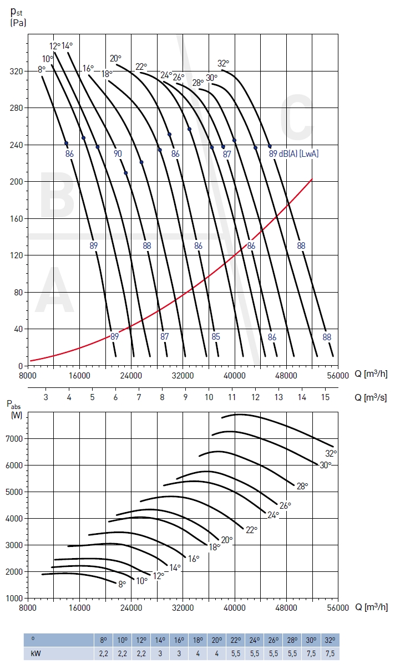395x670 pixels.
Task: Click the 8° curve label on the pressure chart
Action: pos(42,69)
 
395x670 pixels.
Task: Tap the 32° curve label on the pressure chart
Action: pos(223,63)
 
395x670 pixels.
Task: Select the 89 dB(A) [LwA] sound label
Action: pos(294,154)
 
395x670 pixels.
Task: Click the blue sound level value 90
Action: pos(118,154)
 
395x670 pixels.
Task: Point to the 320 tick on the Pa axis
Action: pos(16,71)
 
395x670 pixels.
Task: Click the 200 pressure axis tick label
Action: pos(16,181)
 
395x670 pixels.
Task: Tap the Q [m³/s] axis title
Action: pos(371,397)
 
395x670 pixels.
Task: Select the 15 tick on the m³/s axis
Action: pos(326,397)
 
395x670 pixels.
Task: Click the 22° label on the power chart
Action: pos(252,530)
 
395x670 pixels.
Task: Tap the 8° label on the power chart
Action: pos(122,584)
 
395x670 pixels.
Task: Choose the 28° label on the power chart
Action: pos(302,486)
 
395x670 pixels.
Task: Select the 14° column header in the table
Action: pos(160,640)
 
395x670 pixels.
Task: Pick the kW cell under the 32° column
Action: pos(330,653)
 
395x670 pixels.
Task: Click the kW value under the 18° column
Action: pos(198,653)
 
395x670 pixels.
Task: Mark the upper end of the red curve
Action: pos(312,179)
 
